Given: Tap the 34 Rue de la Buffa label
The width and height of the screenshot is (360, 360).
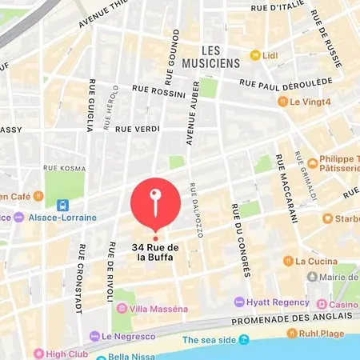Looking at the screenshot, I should click(156, 252).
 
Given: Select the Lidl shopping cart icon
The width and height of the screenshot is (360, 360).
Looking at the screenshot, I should click(255, 55).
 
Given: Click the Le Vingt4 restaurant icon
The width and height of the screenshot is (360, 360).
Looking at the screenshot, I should click(282, 102).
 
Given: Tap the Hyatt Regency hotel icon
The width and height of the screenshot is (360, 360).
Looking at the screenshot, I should click(238, 302).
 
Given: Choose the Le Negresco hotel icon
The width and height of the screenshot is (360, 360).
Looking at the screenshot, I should click(94, 336).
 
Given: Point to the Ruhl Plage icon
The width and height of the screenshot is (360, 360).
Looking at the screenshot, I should click(293, 333).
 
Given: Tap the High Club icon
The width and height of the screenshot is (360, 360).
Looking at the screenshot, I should click(38, 353).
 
